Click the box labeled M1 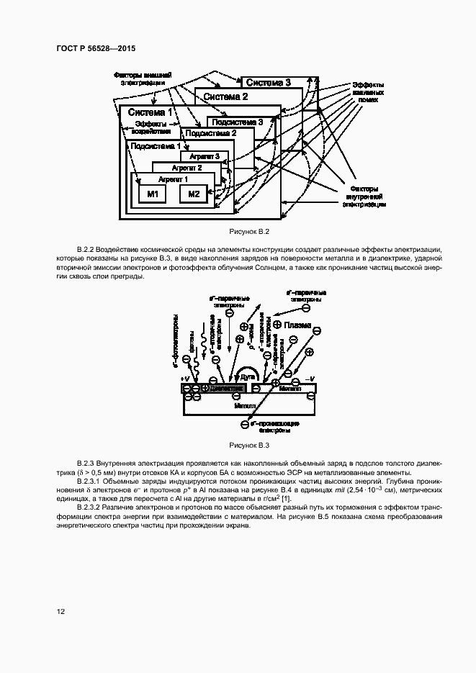tap(152, 194)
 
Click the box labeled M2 tap(193, 194)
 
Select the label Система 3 tap(267, 83)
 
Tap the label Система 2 tap(225, 96)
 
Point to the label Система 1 tap(150, 112)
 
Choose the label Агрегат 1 tap(172, 179)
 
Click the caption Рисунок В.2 tap(248, 232)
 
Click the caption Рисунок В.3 tap(248, 445)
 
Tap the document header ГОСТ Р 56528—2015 tap(96, 48)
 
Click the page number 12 tap(62, 612)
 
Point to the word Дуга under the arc tap(249, 376)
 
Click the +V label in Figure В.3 tap(185, 378)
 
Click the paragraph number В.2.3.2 tap(92, 508)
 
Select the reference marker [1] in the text tap(286, 499)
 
